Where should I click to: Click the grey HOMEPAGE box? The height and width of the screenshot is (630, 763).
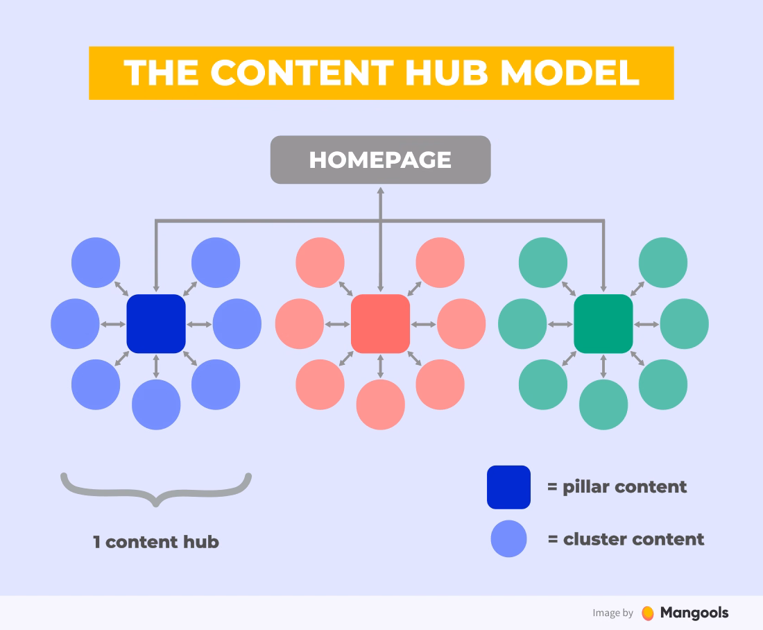[381, 160]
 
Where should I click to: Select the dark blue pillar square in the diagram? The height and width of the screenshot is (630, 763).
[156, 324]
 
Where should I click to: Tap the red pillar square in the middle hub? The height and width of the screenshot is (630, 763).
[381, 324]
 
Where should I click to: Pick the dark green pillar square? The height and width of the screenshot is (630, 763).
[603, 324]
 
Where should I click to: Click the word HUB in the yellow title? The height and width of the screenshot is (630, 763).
[447, 73]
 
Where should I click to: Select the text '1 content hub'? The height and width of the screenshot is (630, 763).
[156, 542]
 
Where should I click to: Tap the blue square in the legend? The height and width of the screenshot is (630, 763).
[509, 487]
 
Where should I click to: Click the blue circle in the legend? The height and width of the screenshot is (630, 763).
[509, 539]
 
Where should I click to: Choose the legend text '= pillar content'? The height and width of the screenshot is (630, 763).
[617, 487]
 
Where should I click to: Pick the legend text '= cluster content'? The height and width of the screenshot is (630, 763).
[626, 539]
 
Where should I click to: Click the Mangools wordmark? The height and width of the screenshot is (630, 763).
[694, 613]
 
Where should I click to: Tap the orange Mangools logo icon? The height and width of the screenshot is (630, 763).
[648, 613]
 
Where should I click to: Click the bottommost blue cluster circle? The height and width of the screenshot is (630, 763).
[156, 405]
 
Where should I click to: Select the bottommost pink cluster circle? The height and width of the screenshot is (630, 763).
[381, 405]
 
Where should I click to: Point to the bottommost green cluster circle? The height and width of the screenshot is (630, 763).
[603, 405]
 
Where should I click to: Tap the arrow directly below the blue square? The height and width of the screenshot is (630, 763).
[156, 366]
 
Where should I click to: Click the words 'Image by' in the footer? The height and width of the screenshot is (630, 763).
[612, 613]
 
